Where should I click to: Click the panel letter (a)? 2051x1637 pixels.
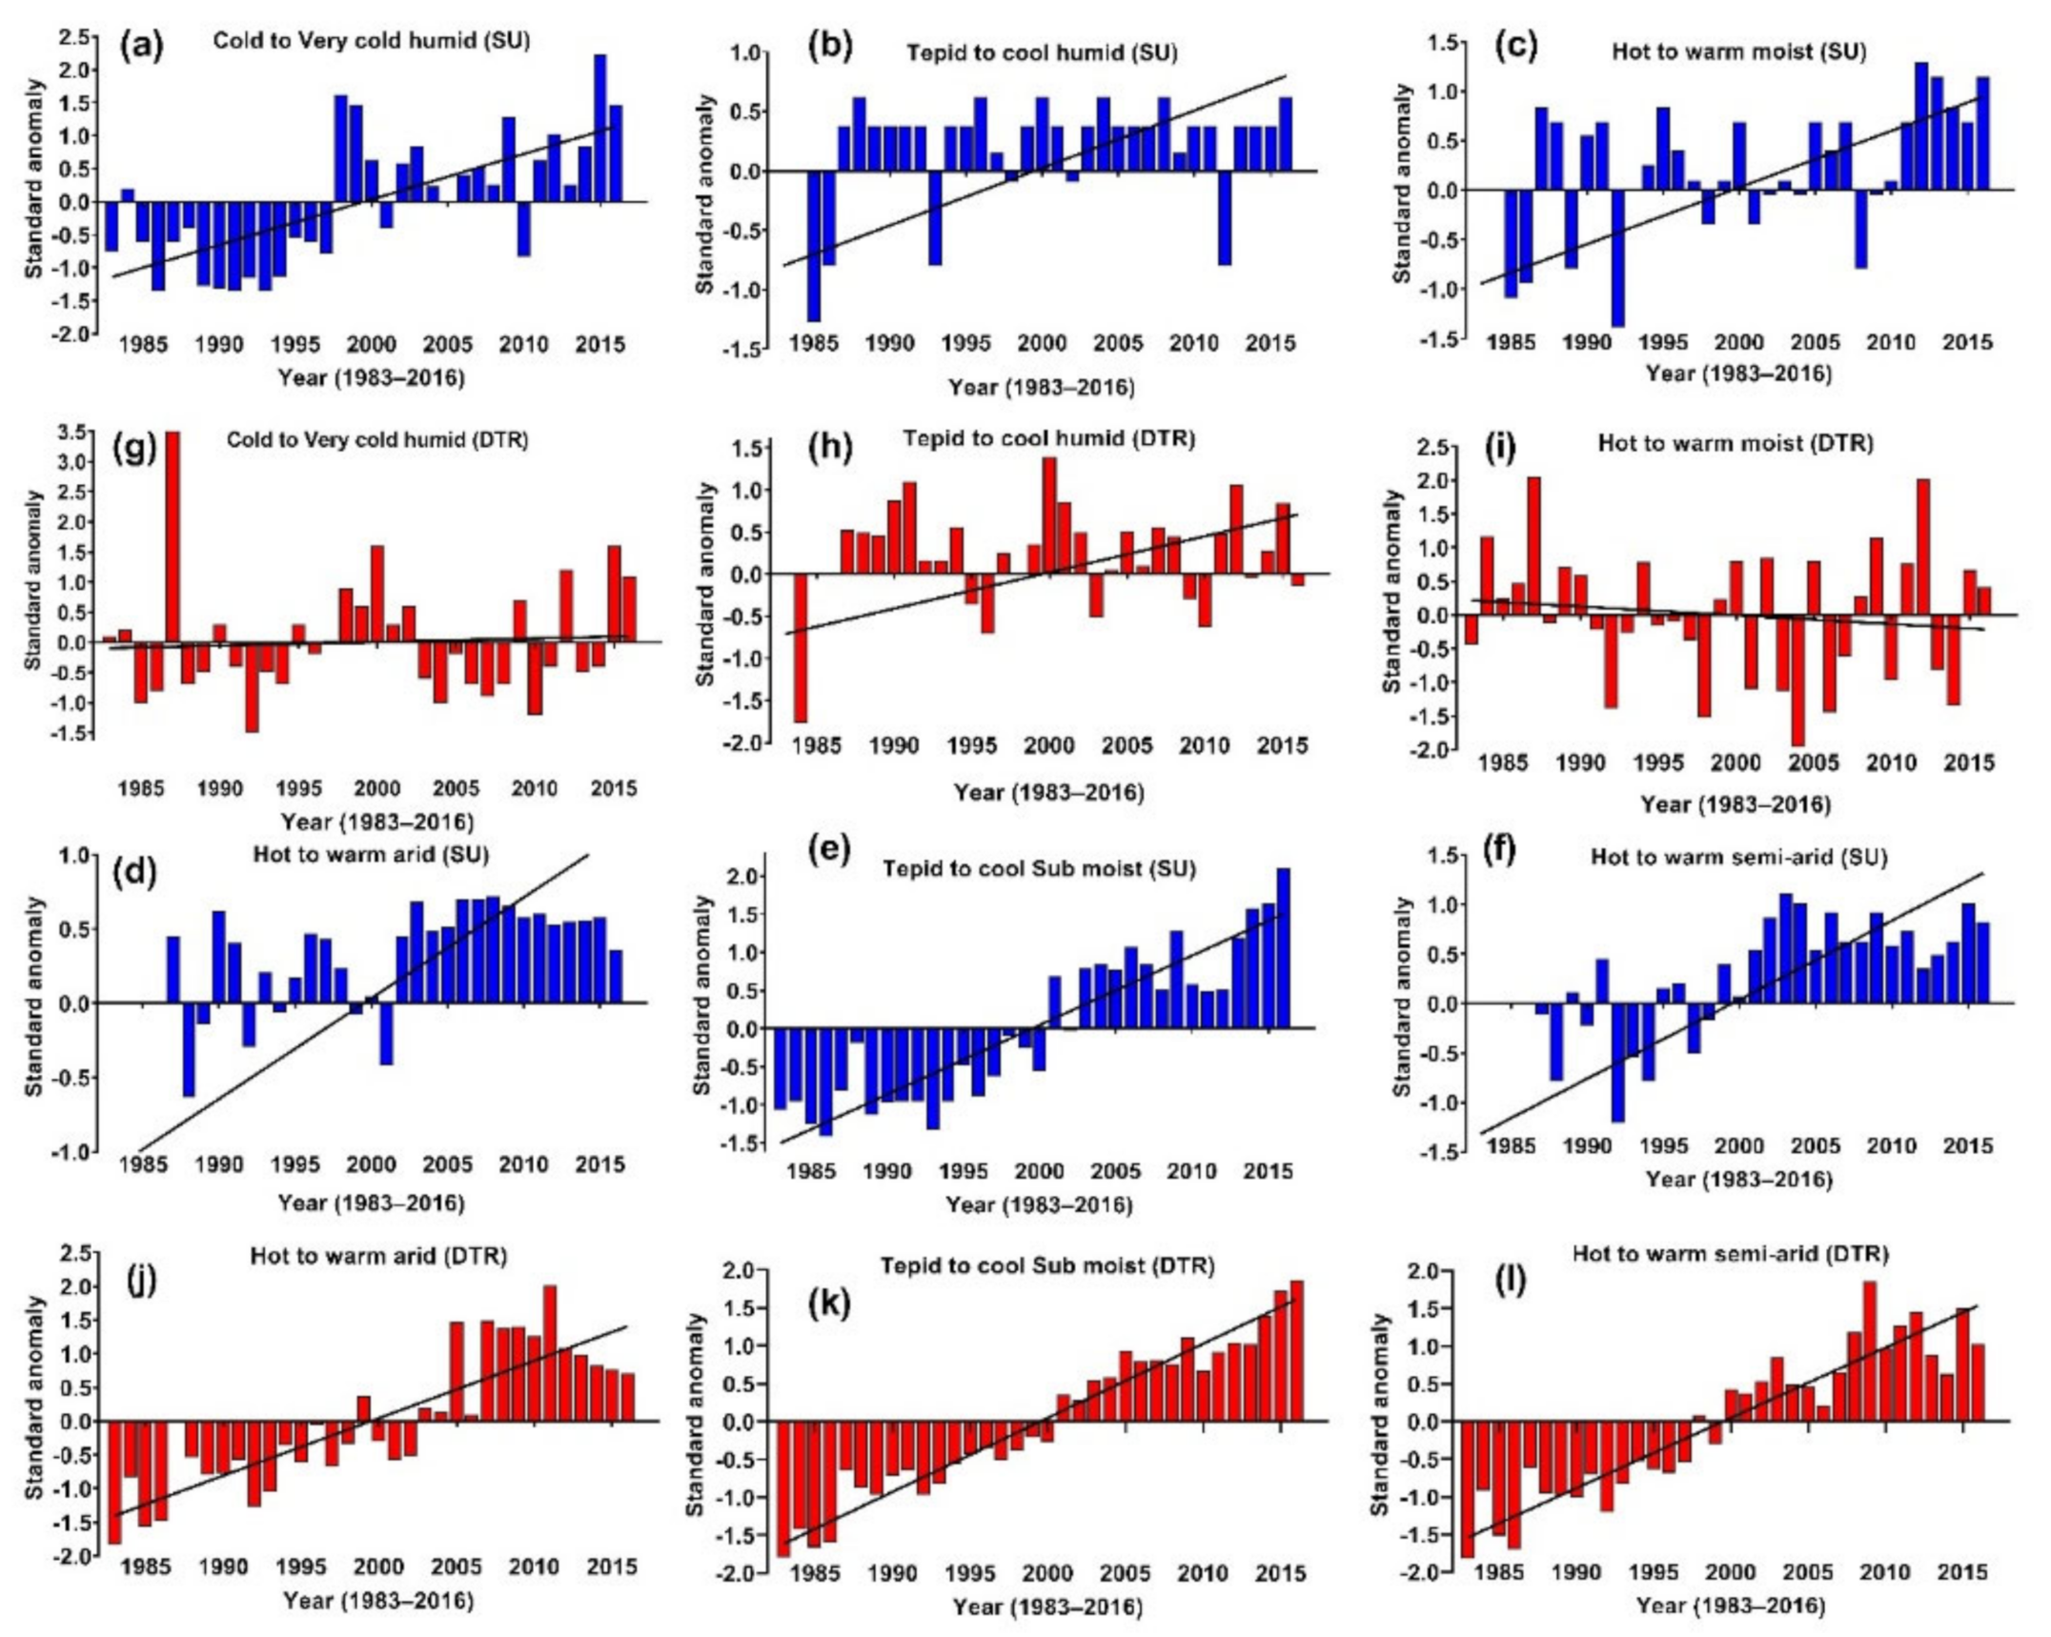pos(141,46)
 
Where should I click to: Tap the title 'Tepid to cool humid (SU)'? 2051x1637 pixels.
pos(1042,53)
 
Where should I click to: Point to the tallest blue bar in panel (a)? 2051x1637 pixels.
pos(600,128)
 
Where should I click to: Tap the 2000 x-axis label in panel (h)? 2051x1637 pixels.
pos(1047,746)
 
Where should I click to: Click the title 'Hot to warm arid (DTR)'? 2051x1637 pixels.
pos(378,1256)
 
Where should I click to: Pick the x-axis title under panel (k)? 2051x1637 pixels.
pos(1047,1607)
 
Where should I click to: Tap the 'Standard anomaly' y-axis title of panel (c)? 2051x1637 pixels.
pos(1402,183)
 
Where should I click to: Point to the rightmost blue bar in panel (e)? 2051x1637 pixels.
pos(1284,948)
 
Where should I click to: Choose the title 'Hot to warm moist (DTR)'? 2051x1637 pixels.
pos(1736,443)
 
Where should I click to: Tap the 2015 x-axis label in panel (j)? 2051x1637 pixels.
pos(611,1567)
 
